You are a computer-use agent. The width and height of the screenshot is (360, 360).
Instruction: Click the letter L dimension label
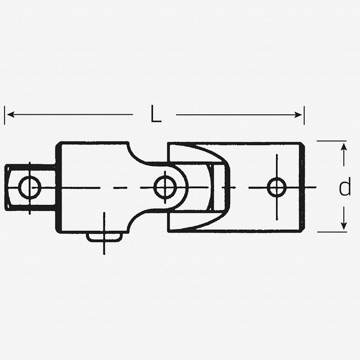point(156,115)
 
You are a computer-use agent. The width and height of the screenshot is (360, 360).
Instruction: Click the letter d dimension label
point(344,188)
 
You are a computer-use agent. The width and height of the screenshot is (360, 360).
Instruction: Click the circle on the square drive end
point(30,187)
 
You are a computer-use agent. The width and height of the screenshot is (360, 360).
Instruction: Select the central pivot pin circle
point(165,187)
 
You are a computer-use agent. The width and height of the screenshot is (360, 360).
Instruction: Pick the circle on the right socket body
point(276,187)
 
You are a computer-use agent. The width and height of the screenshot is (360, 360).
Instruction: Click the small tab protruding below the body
point(104,237)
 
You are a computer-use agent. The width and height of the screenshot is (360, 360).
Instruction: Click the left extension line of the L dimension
point(4,116)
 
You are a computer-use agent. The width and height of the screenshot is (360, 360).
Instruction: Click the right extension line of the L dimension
point(304,116)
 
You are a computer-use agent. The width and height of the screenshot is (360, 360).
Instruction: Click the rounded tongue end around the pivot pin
point(180,187)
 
